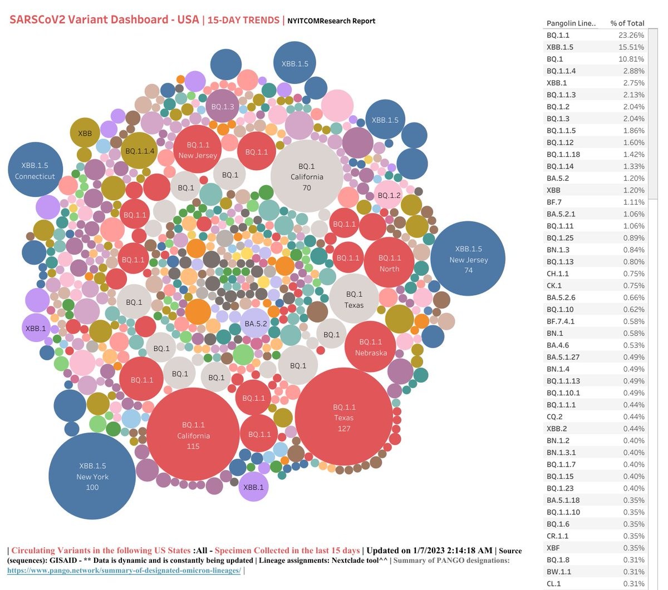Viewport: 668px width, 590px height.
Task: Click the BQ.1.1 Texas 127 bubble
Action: (x=344, y=417)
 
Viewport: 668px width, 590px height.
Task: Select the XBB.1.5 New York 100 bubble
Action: (x=92, y=477)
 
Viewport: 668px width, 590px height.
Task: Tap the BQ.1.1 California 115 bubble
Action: (x=193, y=435)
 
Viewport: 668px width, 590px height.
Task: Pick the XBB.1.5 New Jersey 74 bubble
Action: (x=468, y=259)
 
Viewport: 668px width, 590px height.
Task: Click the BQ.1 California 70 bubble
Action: (x=307, y=176)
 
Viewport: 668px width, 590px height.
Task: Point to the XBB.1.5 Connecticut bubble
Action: (x=35, y=170)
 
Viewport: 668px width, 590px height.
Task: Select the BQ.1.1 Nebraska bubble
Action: (x=371, y=347)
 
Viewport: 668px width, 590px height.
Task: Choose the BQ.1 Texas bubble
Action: (x=354, y=299)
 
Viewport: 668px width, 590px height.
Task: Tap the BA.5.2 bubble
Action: (x=256, y=324)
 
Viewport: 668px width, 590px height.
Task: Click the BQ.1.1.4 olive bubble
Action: (x=140, y=151)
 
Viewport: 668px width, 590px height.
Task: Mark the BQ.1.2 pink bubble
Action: (x=389, y=195)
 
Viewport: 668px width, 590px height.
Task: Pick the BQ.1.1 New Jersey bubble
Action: (x=198, y=150)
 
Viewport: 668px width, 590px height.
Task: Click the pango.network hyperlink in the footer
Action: (x=124, y=571)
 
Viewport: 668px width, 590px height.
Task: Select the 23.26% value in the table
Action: (x=631, y=35)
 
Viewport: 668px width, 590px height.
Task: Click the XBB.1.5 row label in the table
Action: (x=560, y=47)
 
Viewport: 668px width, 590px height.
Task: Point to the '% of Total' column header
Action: (x=627, y=23)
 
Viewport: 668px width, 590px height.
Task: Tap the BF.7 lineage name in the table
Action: (x=554, y=202)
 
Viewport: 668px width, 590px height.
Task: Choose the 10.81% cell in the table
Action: (x=631, y=59)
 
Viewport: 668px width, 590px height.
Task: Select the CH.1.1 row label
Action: (x=558, y=274)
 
